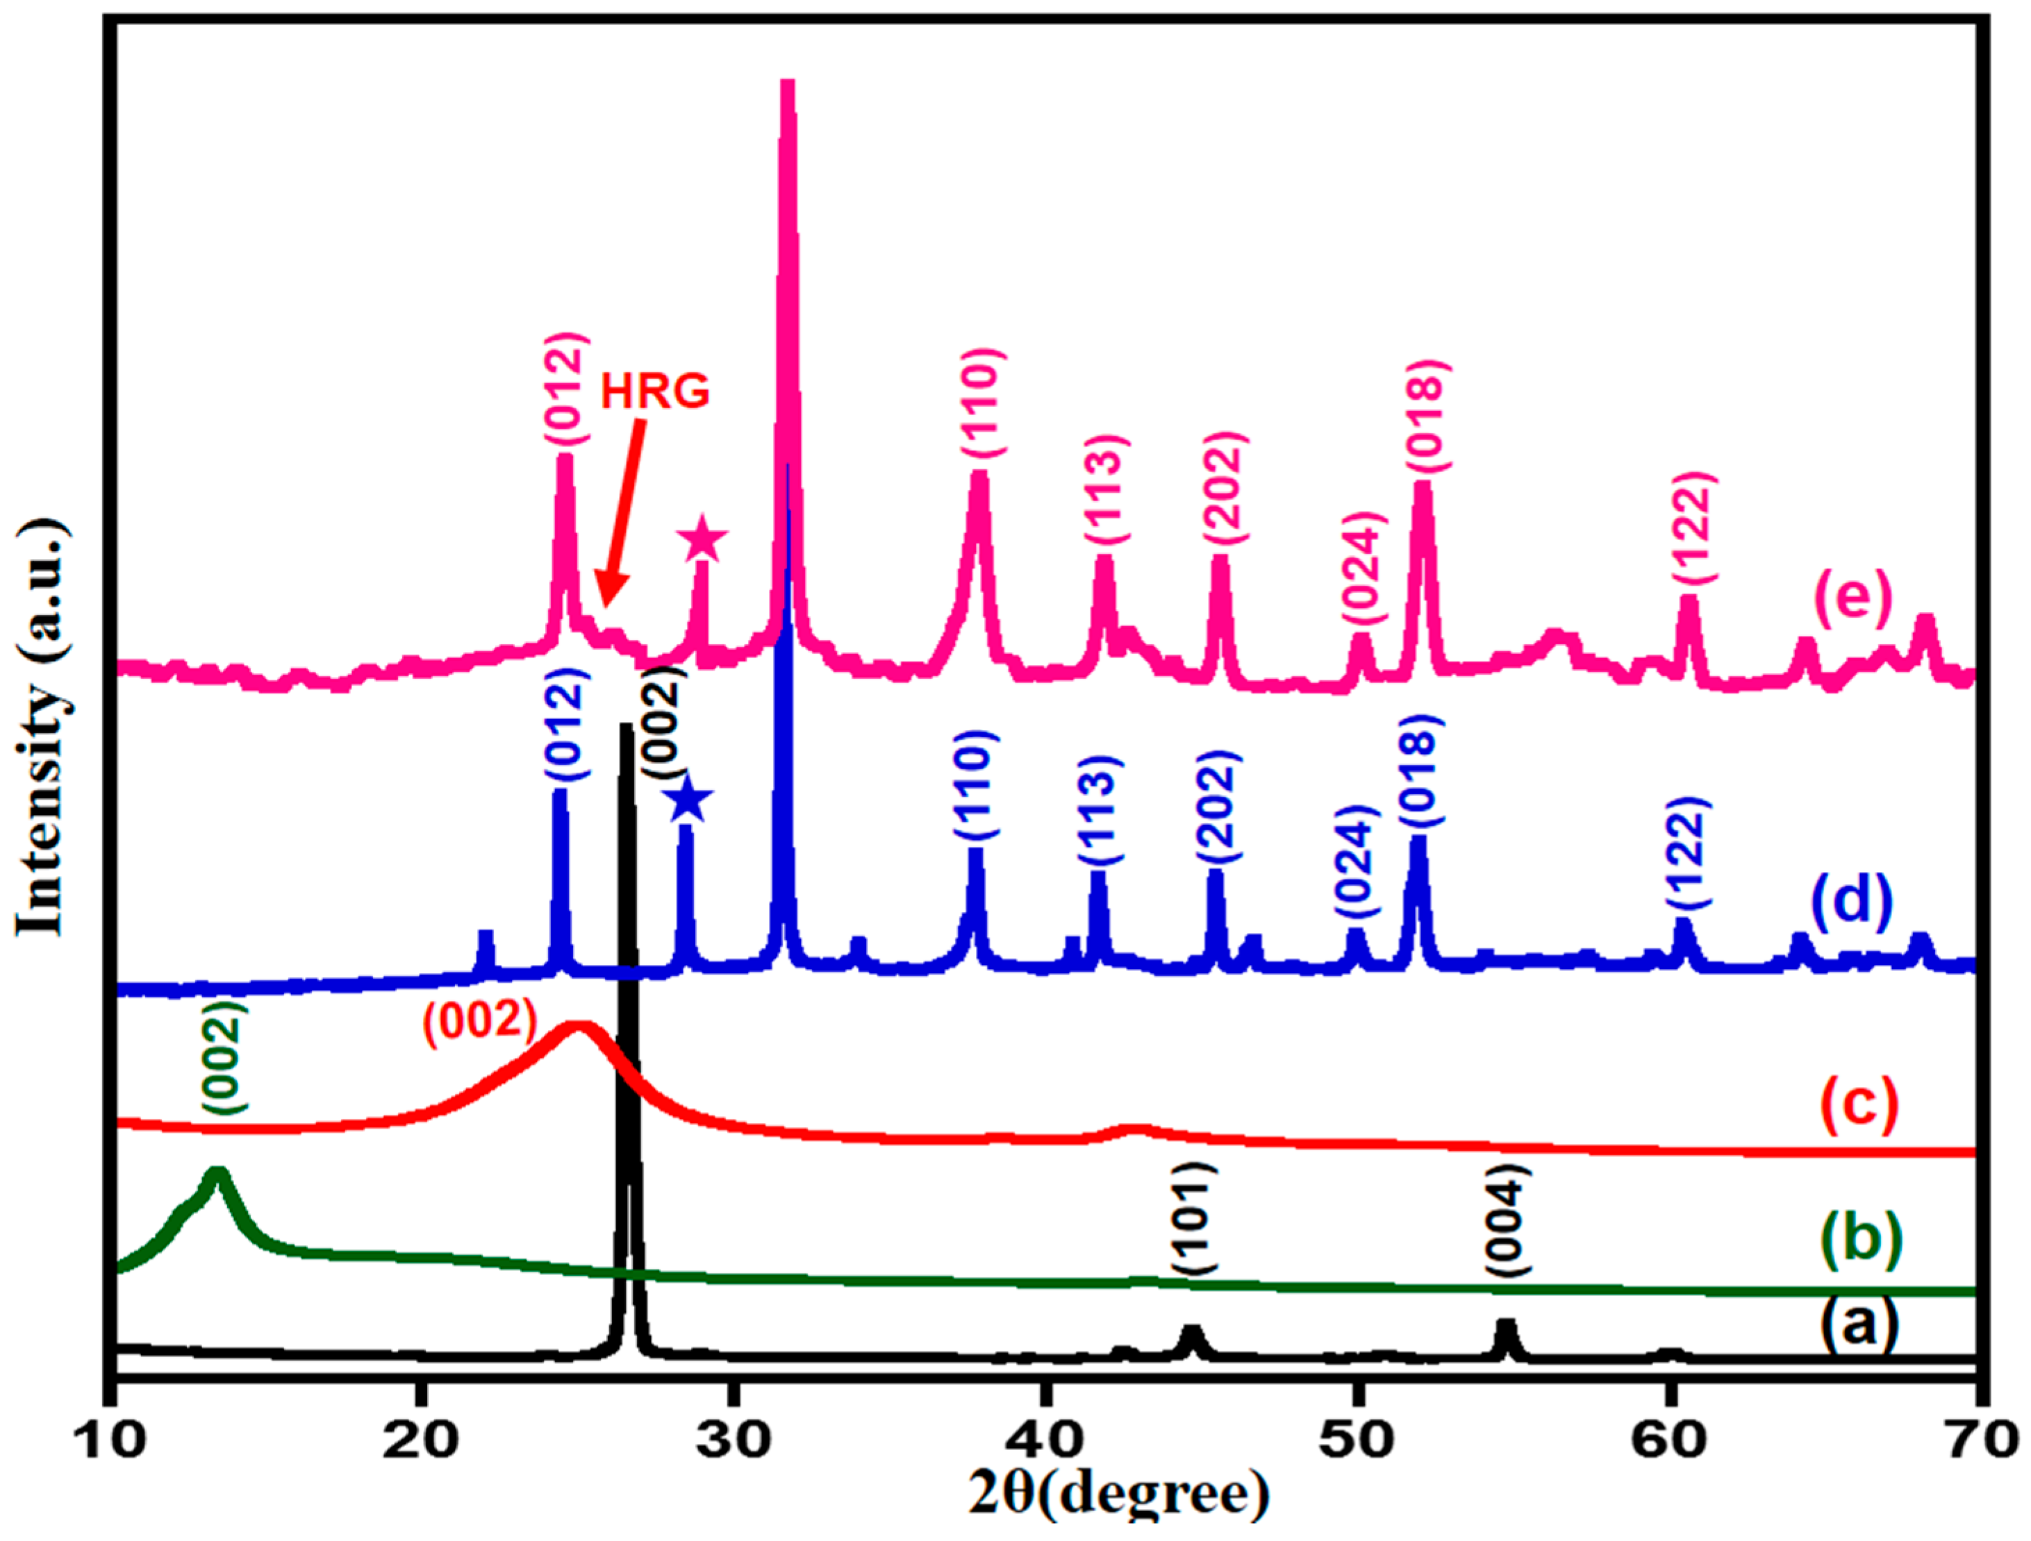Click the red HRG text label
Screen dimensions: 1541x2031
tap(655, 392)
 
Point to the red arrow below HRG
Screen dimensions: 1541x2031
tap(622, 514)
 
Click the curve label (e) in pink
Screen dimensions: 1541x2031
tap(1854, 598)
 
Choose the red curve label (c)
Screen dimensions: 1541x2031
tap(1858, 1104)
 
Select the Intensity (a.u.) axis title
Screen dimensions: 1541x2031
tap(41, 730)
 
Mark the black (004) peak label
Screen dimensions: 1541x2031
tap(1507, 1221)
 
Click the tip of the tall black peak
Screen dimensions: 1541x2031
tap(627, 728)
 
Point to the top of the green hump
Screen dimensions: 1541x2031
tap(217, 1173)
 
